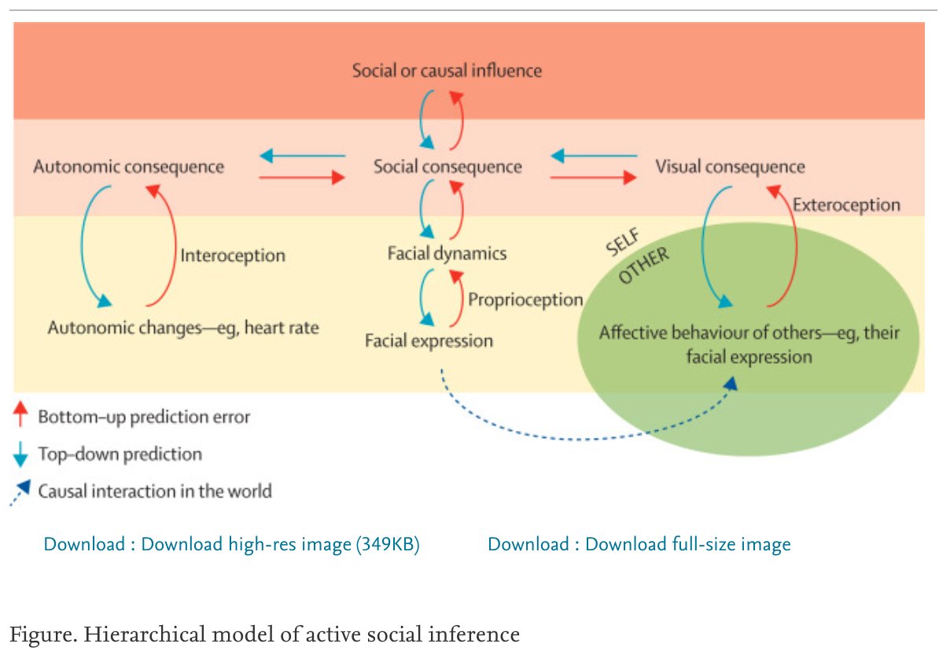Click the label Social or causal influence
click(x=447, y=71)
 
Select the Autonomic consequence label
click(x=128, y=167)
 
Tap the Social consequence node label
click(x=447, y=167)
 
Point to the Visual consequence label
click(x=730, y=167)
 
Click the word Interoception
click(x=233, y=256)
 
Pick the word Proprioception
click(x=525, y=300)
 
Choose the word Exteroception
click(x=846, y=205)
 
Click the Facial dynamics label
click(x=447, y=254)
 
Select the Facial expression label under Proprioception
click(x=429, y=341)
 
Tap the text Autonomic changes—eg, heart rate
click(x=183, y=327)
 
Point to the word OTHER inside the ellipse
click(x=643, y=267)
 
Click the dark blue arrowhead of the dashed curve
click(x=731, y=383)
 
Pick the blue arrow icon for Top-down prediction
click(x=22, y=454)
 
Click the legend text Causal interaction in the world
click(x=155, y=491)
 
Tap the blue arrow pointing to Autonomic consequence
click(x=302, y=156)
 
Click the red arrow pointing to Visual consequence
click(x=594, y=178)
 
